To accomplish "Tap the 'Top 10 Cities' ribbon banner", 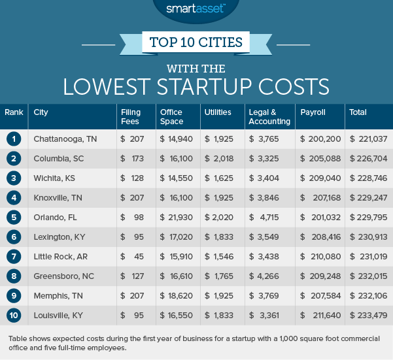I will point(196,44).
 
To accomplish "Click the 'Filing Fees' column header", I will point(131,117).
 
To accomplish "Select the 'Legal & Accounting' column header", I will point(269,117).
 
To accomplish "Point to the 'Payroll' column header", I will point(309,112).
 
